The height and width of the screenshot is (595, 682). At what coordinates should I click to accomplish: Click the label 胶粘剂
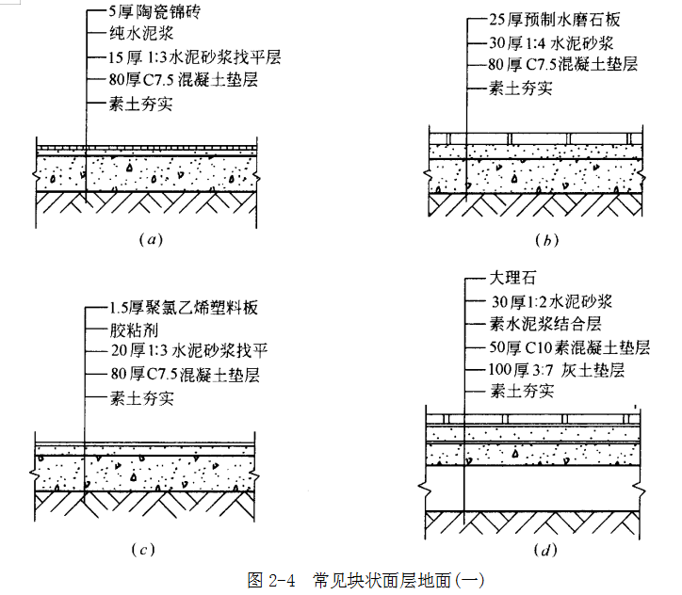[134, 331]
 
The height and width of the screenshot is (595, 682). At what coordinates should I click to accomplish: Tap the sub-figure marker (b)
[546, 239]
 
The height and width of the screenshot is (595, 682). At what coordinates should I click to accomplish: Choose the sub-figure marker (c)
[143, 549]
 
